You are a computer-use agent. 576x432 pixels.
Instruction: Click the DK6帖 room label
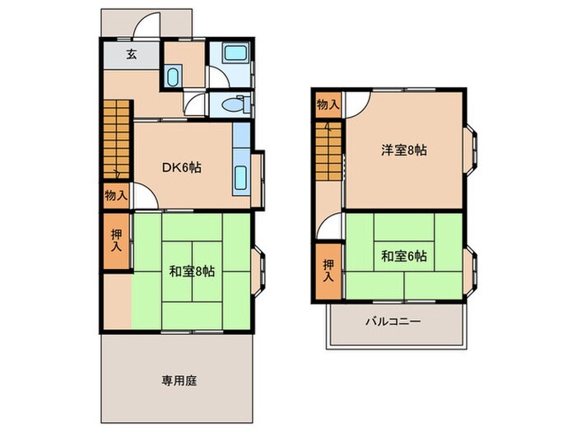click(181, 168)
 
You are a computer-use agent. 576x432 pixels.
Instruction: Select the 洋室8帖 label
click(403, 150)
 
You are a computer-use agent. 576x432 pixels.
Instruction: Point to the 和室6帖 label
click(403, 256)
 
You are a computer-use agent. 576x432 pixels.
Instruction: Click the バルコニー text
click(393, 322)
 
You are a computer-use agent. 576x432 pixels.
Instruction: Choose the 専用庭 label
click(179, 381)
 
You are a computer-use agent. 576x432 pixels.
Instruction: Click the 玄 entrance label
click(131, 55)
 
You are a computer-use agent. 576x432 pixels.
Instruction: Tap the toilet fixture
click(234, 105)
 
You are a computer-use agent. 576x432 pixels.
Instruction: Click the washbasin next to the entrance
click(173, 78)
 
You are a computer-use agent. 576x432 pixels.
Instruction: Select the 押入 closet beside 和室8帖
click(117, 240)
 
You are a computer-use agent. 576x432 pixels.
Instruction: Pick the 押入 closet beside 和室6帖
click(328, 270)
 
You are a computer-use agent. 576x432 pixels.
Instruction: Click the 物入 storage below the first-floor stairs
click(116, 195)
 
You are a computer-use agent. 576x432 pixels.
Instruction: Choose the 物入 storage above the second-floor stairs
click(327, 105)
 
